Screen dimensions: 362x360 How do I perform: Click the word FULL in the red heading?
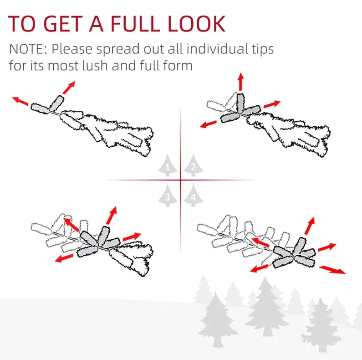coord(135,24)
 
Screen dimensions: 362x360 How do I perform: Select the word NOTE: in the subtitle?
coord(28,49)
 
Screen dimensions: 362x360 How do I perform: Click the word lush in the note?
coord(95,65)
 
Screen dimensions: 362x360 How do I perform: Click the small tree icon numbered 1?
coord(168,165)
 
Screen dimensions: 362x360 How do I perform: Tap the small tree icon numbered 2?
coord(194,165)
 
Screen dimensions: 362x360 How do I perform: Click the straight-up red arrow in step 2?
coord(241,82)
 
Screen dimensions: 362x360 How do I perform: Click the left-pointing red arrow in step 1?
coord(20,101)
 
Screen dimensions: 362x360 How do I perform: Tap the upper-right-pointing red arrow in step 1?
coord(69,87)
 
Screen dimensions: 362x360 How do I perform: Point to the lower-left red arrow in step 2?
coord(208,124)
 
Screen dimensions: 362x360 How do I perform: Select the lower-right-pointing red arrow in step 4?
coord(332,270)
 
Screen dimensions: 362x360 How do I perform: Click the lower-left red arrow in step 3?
coord(64,258)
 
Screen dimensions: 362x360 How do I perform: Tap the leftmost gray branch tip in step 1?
coord(41,108)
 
